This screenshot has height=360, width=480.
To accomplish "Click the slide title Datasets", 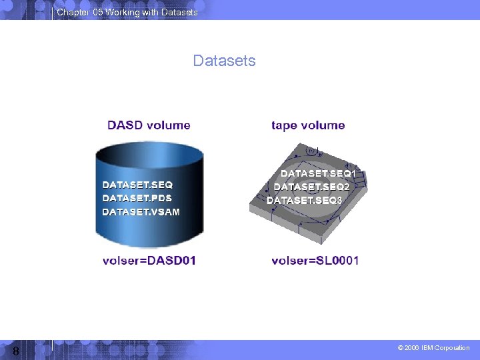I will pyautogui.click(x=224, y=61).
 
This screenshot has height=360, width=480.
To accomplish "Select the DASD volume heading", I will pyautogui.click(x=149, y=125).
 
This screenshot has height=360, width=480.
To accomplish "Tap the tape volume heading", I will pyautogui.click(x=308, y=125).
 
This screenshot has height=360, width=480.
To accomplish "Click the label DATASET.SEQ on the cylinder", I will pyautogui.click(x=137, y=185).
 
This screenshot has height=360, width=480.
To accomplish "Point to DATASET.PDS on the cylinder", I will pyautogui.click(x=137, y=198).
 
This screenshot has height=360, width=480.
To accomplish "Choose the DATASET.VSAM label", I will pyautogui.click(x=141, y=211).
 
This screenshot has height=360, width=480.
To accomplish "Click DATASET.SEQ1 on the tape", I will pyautogui.click(x=318, y=173).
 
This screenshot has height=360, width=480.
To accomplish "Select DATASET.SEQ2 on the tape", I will pyautogui.click(x=311, y=187).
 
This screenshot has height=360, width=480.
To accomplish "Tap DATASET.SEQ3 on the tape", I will pyautogui.click(x=304, y=200).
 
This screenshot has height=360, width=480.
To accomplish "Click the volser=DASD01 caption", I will pyautogui.click(x=149, y=260).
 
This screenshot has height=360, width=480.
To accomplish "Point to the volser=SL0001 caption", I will pyautogui.click(x=315, y=260).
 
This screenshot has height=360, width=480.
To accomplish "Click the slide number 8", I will pyautogui.click(x=15, y=351).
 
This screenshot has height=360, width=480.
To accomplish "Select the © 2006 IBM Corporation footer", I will pyautogui.click(x=433, y=348).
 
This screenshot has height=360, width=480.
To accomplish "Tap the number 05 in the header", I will pyautogui.click(x=96, y=13).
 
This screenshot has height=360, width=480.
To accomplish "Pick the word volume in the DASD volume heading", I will pyautogui.click(x=169, y=125).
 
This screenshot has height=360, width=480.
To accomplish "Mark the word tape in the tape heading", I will pyautogui.click(x=283, y=125).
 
